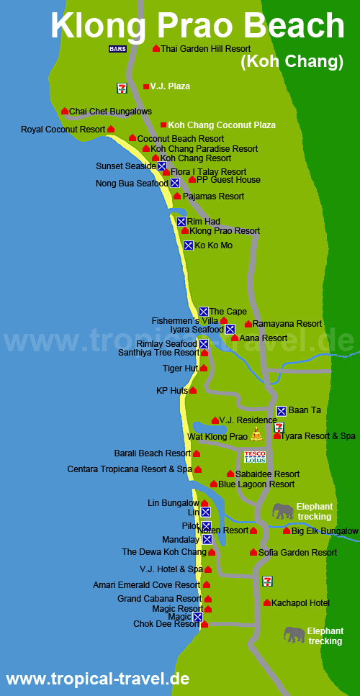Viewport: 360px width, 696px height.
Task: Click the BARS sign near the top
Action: click(x=117, y=49)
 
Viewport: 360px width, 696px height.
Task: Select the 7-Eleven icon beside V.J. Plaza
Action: click(x=122, y=88)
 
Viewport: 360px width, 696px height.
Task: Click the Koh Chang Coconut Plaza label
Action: click(x=222, y=125)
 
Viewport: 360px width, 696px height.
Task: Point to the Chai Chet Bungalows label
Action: click(x=110, y=112)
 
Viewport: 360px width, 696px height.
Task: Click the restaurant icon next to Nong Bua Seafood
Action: click(x=175, y=183)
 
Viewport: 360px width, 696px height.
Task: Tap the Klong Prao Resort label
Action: click(x=225, y=231)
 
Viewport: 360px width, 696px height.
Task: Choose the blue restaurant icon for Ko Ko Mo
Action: click(x=189, y=245)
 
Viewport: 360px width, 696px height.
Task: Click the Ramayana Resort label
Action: click(x=287, y=324)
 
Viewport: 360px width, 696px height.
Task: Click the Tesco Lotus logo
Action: click(x=255, y=456)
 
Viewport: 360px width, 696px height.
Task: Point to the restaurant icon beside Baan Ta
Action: click(x=282, y=411)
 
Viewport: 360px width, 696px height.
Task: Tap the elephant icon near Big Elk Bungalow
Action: click(x=283, y=511)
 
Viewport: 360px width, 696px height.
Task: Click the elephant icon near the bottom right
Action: click(x=294, y=634)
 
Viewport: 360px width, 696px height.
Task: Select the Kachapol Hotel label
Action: click(x=300, y=602)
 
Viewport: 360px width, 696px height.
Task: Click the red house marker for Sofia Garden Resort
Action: click(x=253, y=552)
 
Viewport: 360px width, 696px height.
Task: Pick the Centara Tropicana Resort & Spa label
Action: click(x=130, y=469)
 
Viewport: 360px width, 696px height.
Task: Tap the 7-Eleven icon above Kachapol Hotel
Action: click(x=268, y=580)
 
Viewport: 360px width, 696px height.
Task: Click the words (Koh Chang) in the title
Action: click(x=291, y=62)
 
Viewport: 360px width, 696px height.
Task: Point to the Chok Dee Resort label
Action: click(x=166, y=624)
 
